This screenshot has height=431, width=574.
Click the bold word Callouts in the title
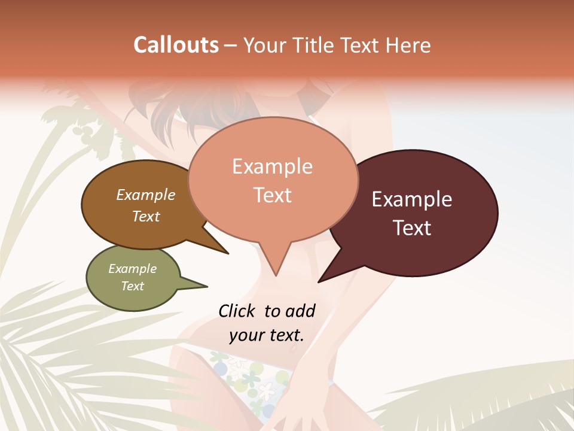click(176, 45)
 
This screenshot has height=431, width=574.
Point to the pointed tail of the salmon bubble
click(275, 266)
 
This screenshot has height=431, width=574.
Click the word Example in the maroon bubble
click(412, 199)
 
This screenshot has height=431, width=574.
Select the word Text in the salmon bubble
click(273, 195)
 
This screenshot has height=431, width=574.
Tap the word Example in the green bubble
click(132, 269)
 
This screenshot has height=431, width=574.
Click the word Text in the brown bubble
click(146, 216)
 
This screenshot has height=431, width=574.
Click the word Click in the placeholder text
click(236, 311)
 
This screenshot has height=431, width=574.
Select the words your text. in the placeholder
click(266, 335)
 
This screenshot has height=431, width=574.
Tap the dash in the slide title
click(231, 45)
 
